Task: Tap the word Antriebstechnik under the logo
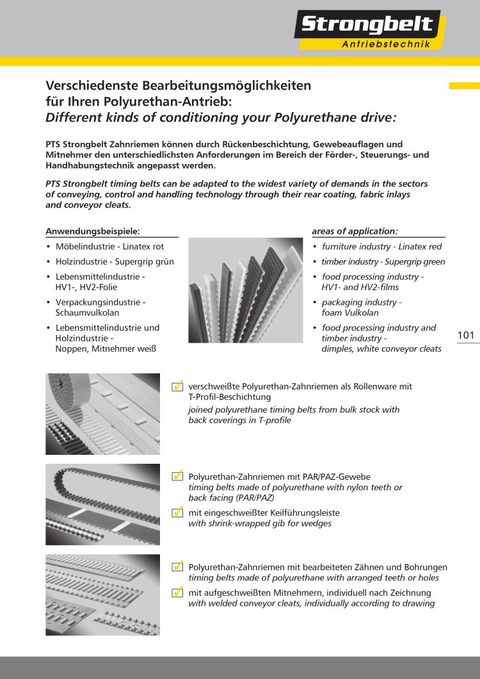(391, 44)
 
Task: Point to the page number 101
(467, 335)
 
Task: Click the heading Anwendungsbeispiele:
(93, 231)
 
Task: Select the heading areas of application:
(355, 231)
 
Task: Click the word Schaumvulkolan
(87, 313)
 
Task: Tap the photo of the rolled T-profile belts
(102, 414)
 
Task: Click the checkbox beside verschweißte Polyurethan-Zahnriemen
(178, 386)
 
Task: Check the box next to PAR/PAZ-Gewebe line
(178, 477)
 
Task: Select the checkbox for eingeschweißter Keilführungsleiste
(178, 512)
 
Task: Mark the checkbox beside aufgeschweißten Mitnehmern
(178, 593)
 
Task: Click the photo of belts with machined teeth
(102, 594)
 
